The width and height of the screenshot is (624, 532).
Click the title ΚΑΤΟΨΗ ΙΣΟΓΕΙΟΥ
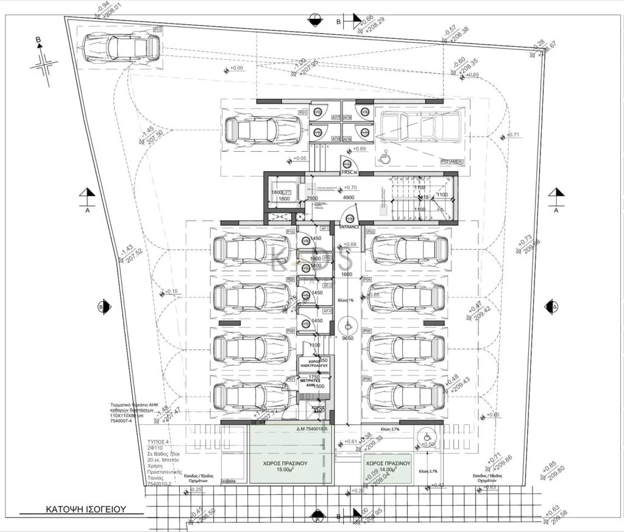click(x=85, y=508)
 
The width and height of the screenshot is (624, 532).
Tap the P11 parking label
click(x=158, y=29)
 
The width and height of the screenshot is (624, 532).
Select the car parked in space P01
click(x=263, y=129)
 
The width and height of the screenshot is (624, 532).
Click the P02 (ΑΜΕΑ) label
click(x=452, y=161)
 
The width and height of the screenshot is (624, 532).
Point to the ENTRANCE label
click(x=350, y=227)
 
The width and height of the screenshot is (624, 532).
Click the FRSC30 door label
click(x=349, y=172)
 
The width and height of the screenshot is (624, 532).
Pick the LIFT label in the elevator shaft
click(x=286, y=193)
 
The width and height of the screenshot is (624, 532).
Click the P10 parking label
click(x=291, y=232)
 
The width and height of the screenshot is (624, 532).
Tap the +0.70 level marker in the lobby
click(x=350, y=188)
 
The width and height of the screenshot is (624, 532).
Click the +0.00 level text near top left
click(x=236, y=68)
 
